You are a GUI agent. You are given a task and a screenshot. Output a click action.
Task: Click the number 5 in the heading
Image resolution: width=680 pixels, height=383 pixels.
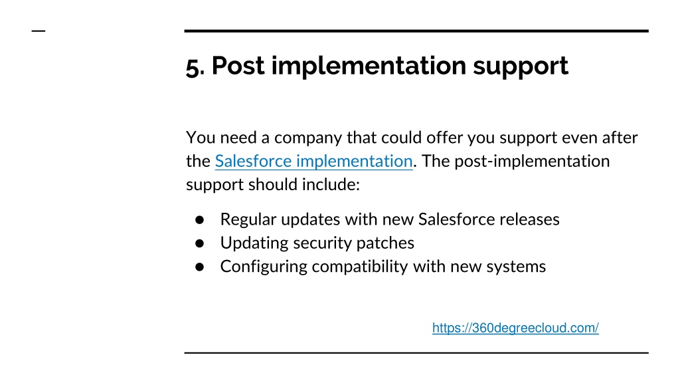tap(193, 67)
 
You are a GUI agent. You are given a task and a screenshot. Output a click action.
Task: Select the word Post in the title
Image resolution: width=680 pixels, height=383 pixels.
tap(238, 66)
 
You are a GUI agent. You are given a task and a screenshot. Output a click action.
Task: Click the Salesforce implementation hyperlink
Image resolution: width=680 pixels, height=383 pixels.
tap(313, 161)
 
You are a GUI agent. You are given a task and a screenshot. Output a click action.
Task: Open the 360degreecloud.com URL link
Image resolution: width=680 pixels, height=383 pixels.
tap(515, 328)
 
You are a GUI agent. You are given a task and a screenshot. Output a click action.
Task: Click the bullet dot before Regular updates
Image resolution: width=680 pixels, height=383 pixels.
tap(199, 220)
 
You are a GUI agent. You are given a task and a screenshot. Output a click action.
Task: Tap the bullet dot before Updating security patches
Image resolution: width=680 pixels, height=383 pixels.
tap(199, 243)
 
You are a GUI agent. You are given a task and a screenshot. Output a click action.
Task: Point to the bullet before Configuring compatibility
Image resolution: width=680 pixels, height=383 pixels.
tap(199, 267)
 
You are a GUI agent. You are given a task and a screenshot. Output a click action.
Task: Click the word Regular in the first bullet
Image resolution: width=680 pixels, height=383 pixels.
tap(248, 219)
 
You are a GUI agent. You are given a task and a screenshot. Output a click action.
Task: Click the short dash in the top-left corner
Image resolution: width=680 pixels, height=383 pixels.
tap(39, 31)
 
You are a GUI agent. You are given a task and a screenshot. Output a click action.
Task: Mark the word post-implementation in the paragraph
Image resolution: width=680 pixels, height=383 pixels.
tap(532, 162)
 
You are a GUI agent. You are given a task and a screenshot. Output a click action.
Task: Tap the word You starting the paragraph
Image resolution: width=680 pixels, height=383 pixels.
tap(201, 138)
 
